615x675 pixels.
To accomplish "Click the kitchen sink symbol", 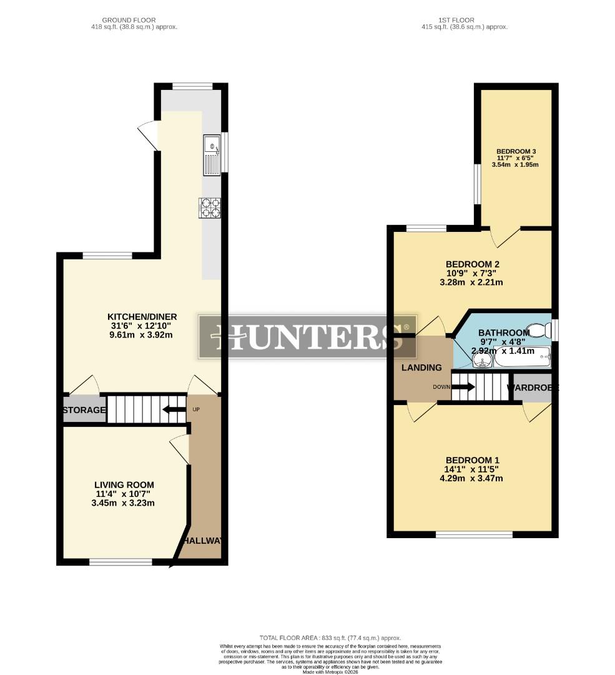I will (x=212, y=154).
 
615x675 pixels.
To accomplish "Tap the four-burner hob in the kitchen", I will (x=210, y=207).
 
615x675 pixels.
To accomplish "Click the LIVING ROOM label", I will (x=124, y=484).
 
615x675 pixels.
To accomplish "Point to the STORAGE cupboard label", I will (x=84, y=411).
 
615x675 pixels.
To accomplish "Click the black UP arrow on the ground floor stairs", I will (x=170, y=410).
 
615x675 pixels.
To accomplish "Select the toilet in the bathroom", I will (x=539, y=329).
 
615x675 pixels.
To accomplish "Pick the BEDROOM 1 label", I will (x=471, y=460).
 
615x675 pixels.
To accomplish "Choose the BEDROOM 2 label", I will (x=472, y=264).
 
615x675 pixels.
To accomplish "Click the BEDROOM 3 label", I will (x=516, y=151).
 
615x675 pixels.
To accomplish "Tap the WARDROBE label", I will (x=532, y=387).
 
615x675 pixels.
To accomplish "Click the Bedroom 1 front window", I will (x=474, y=534).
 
